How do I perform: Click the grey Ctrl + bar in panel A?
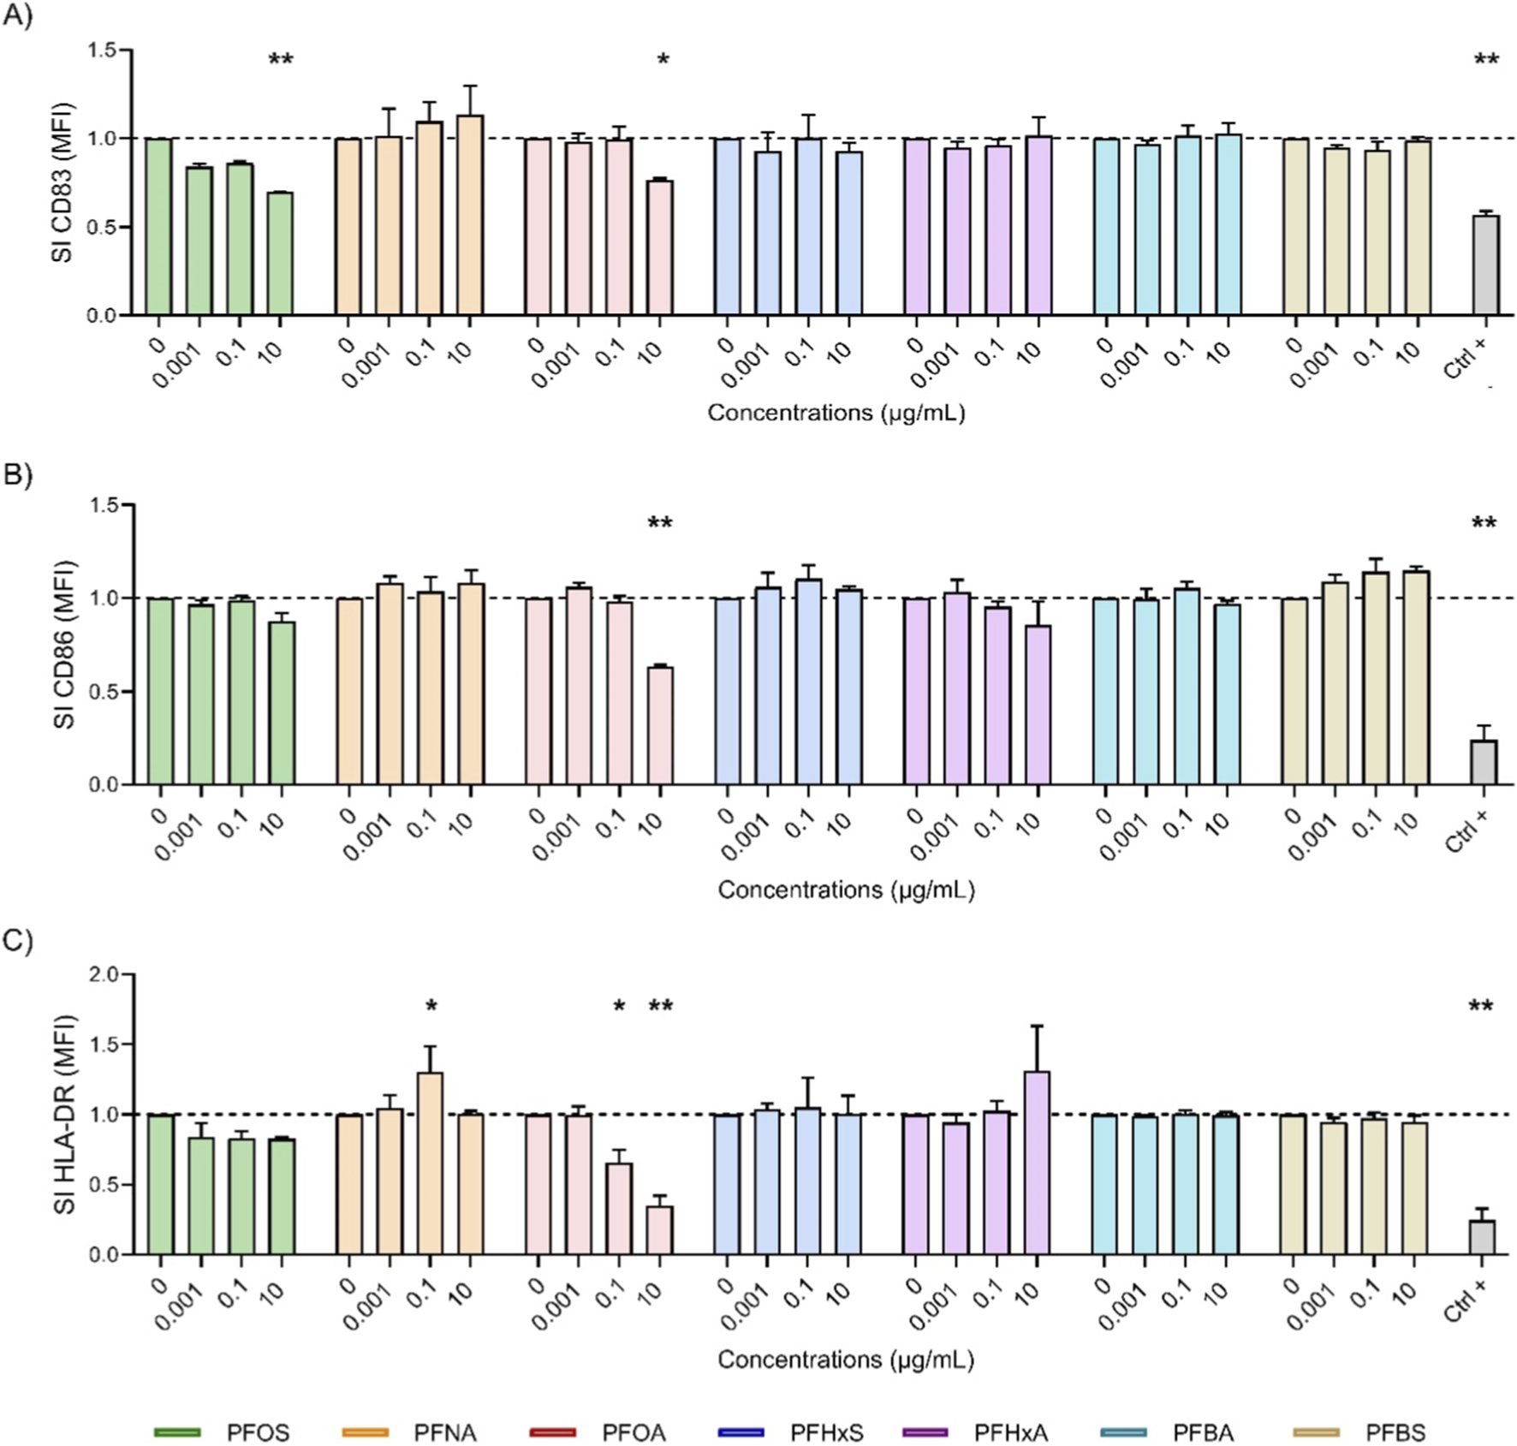click(1485, 265)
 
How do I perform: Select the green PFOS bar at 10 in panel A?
click(281, 254)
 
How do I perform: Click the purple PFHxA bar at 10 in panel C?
click(1037, 1163)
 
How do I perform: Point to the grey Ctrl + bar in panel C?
click(1482, 1238)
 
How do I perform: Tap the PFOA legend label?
click(634, 1432)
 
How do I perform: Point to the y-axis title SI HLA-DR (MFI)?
click(65, 1115)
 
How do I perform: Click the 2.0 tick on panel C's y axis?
click(104, 974)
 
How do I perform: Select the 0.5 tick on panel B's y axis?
click(104, 692)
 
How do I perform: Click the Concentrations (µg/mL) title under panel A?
click(836, 413)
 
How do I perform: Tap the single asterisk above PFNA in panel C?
click(431, 1006)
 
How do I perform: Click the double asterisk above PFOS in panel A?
click(281, 60)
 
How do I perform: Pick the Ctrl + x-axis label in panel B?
click(1467, 831)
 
